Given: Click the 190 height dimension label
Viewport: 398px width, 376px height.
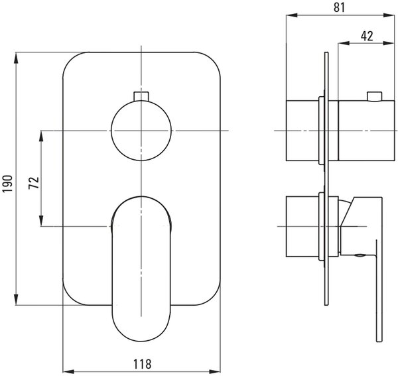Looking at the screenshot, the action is click(7, 184).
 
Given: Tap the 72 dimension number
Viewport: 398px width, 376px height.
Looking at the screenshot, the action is click(34, 182).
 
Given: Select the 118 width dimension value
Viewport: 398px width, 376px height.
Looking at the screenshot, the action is click(142, 364).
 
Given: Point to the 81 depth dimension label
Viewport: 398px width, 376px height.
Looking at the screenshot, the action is click(340, 7).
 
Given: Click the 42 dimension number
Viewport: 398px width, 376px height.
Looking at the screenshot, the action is click(367, 36).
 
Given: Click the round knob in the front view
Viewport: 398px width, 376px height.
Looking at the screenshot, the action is click(141, 131).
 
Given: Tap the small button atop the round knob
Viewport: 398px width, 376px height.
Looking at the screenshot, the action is click(141, 96).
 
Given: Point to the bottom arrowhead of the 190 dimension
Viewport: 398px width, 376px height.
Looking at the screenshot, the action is click(16, 299).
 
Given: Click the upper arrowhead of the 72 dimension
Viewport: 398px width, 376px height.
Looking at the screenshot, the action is click(41, 137).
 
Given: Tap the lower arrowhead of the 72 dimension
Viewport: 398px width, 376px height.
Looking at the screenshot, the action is click(41, 220).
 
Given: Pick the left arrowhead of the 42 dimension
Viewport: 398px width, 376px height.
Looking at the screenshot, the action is click(344, 43).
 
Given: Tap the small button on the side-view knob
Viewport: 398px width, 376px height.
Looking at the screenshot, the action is click(374, 96).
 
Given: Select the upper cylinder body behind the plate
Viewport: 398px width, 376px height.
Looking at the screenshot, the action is click(302, 131).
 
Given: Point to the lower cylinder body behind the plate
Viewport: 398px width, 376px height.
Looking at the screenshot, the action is click(302, 227).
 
